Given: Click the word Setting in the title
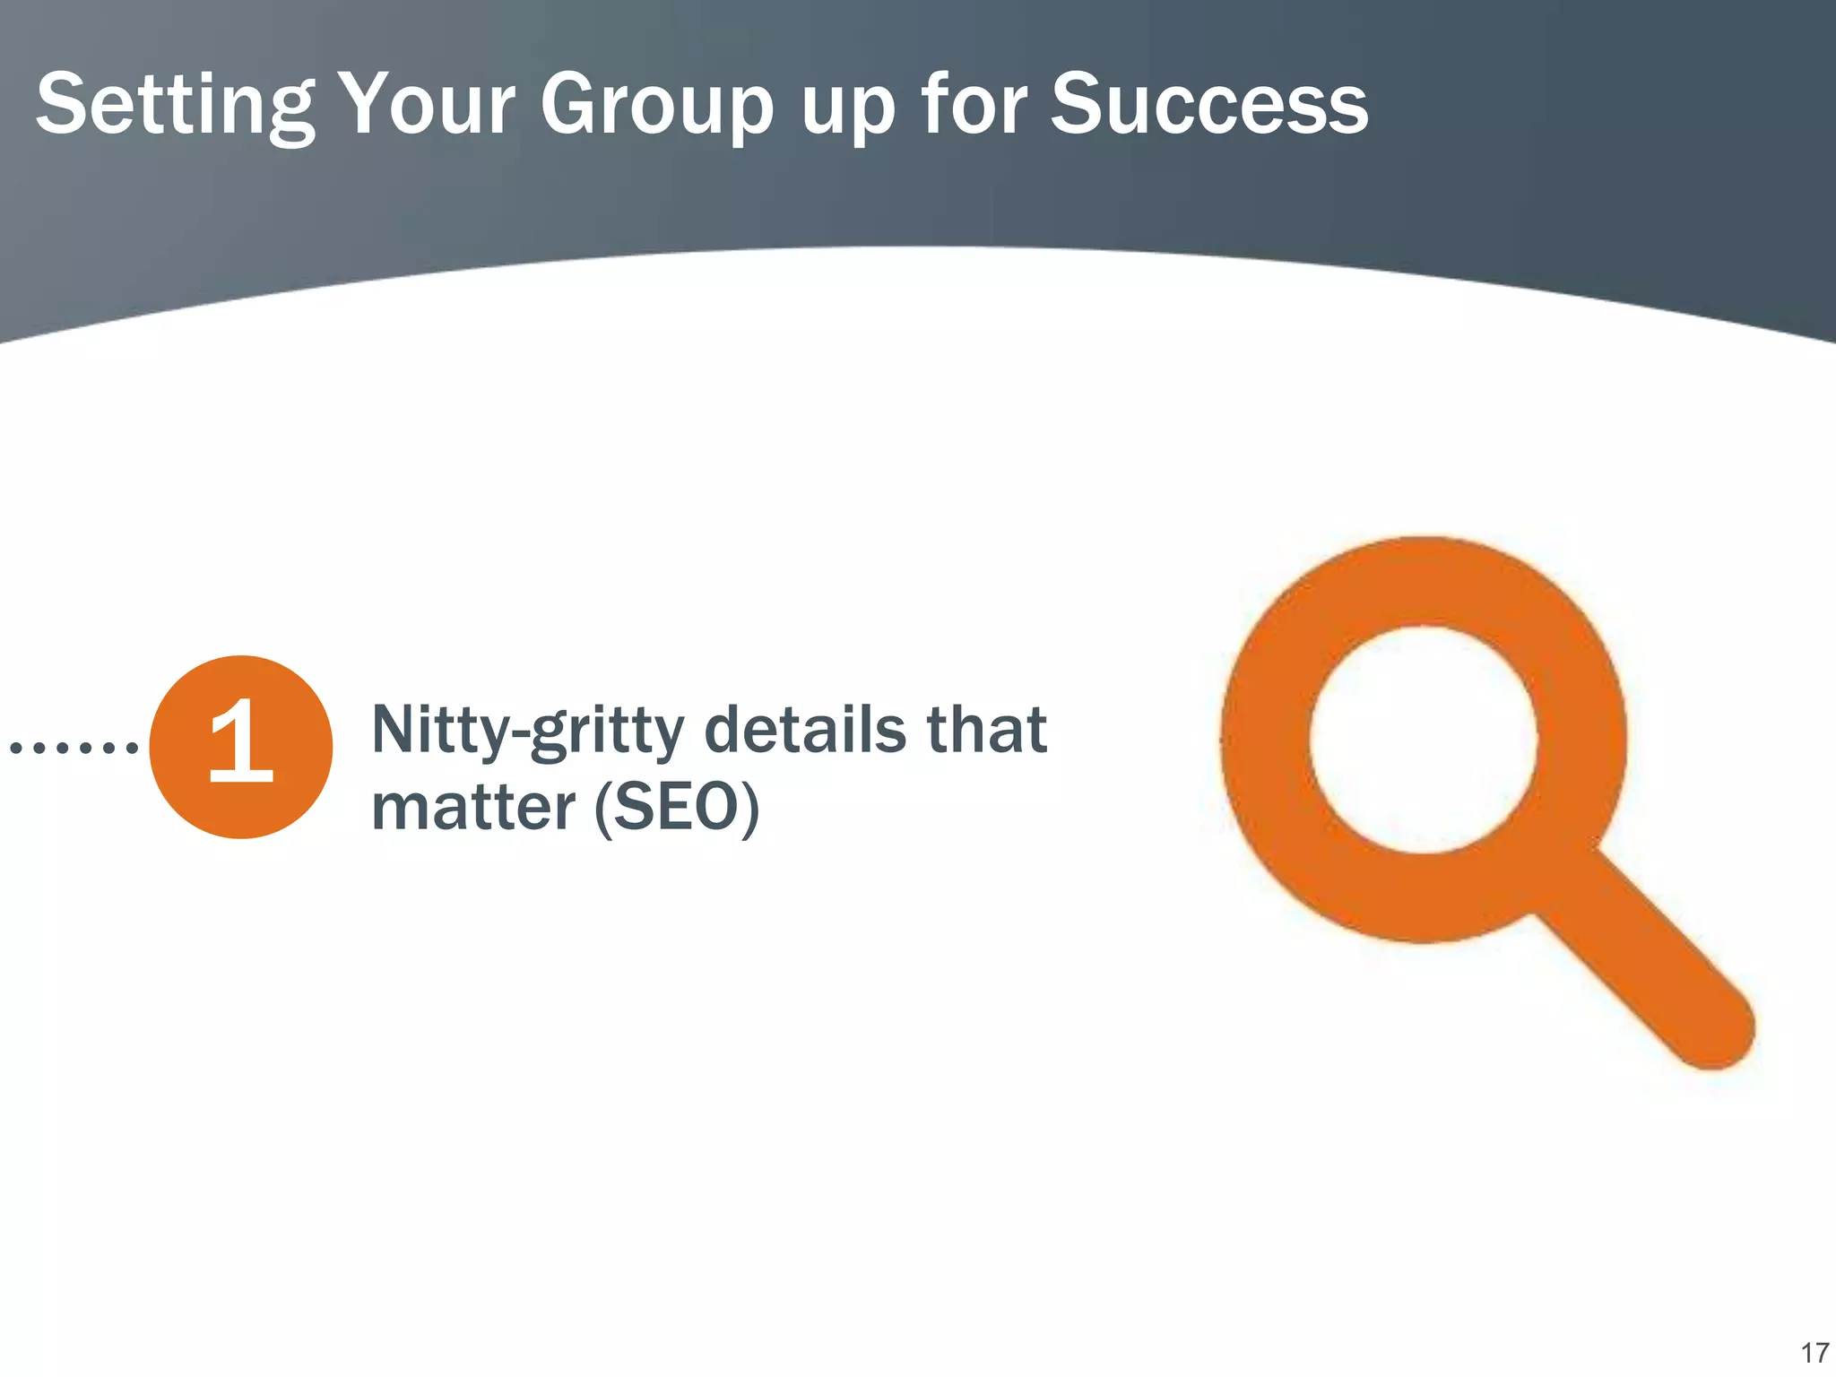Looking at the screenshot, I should coord(176,106).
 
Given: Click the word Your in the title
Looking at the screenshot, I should coord(428,106).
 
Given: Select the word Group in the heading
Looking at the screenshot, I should coord(656,106).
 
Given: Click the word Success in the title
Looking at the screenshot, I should coord(1209,106).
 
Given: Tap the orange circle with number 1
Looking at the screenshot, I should coord(240,747).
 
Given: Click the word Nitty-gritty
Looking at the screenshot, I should coord(528,731).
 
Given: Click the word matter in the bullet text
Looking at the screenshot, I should coord(472,807).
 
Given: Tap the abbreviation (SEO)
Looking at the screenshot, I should coord(677,807).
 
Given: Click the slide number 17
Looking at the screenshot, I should coord(1814,1352).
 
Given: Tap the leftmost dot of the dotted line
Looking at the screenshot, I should coord(15,746).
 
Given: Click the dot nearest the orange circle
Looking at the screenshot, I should coord(132,746).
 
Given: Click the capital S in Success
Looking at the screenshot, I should coord(1078,106).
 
